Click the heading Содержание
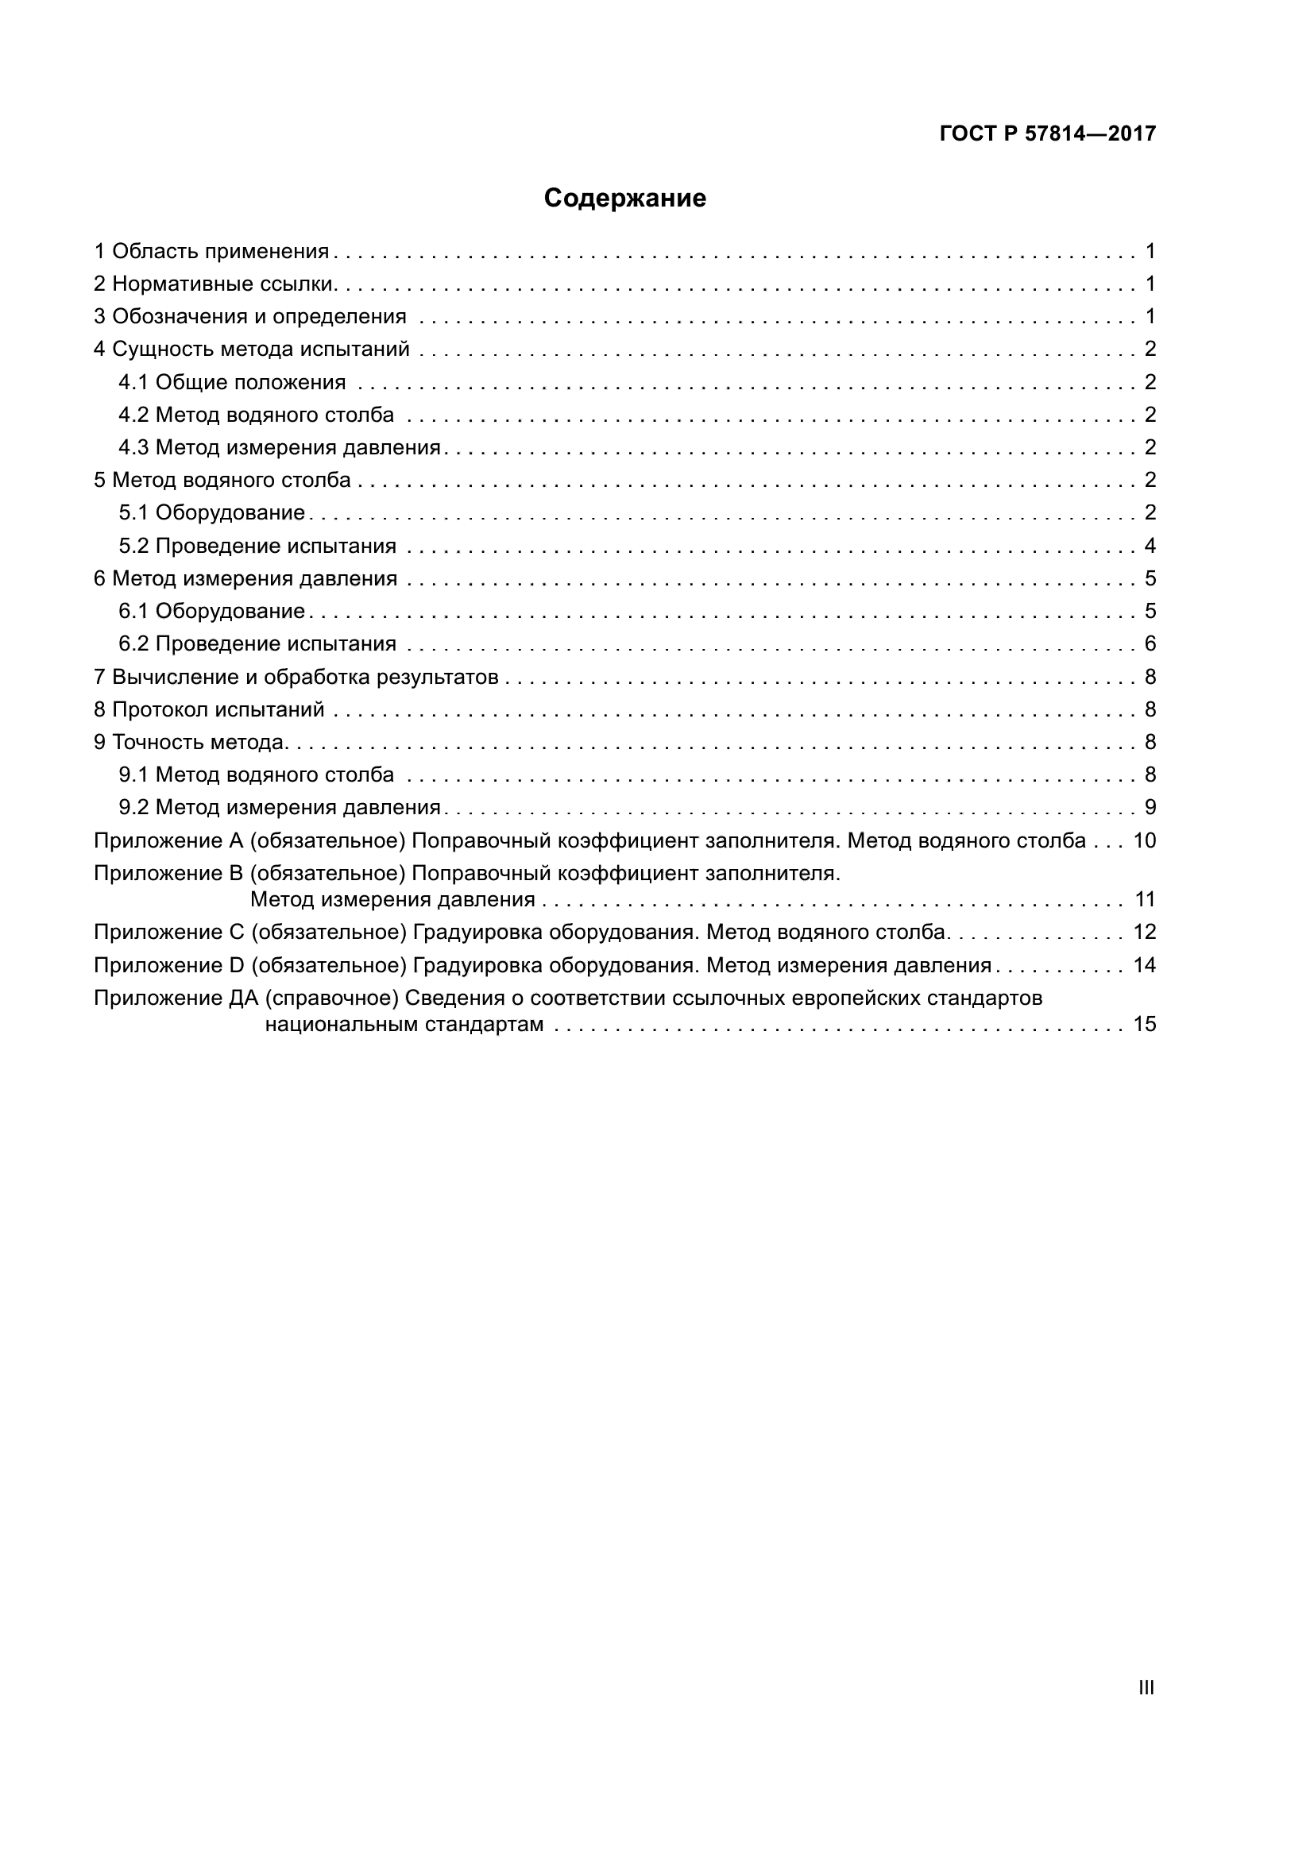click(624, 199)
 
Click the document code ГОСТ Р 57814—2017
click(1047, 133)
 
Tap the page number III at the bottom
click(1146, 1688)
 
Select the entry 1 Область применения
click(211, 251)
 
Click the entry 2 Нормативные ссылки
click(214, 284)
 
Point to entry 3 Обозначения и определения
click(250, 316)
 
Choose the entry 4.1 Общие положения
click(232, 382)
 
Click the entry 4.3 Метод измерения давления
click(279, 447)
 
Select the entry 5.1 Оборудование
click(211, 513)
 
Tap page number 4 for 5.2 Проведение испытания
click(1150, 546)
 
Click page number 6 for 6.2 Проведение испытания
click(1150, 643)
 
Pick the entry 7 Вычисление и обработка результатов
click(296, 677)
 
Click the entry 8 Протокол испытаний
click(209, 709)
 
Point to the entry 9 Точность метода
click(191, 742)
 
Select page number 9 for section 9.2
click(1150, 808)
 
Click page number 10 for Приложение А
click(1144, 840)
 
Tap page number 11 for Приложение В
click(1144, 899)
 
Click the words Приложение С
click(169, 933)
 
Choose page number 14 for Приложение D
click(1144, 965)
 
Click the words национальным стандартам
click(404, 1025)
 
